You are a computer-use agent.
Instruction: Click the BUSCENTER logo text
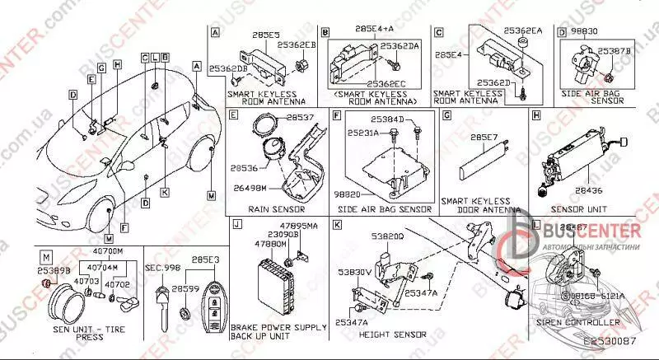click(588, 233)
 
